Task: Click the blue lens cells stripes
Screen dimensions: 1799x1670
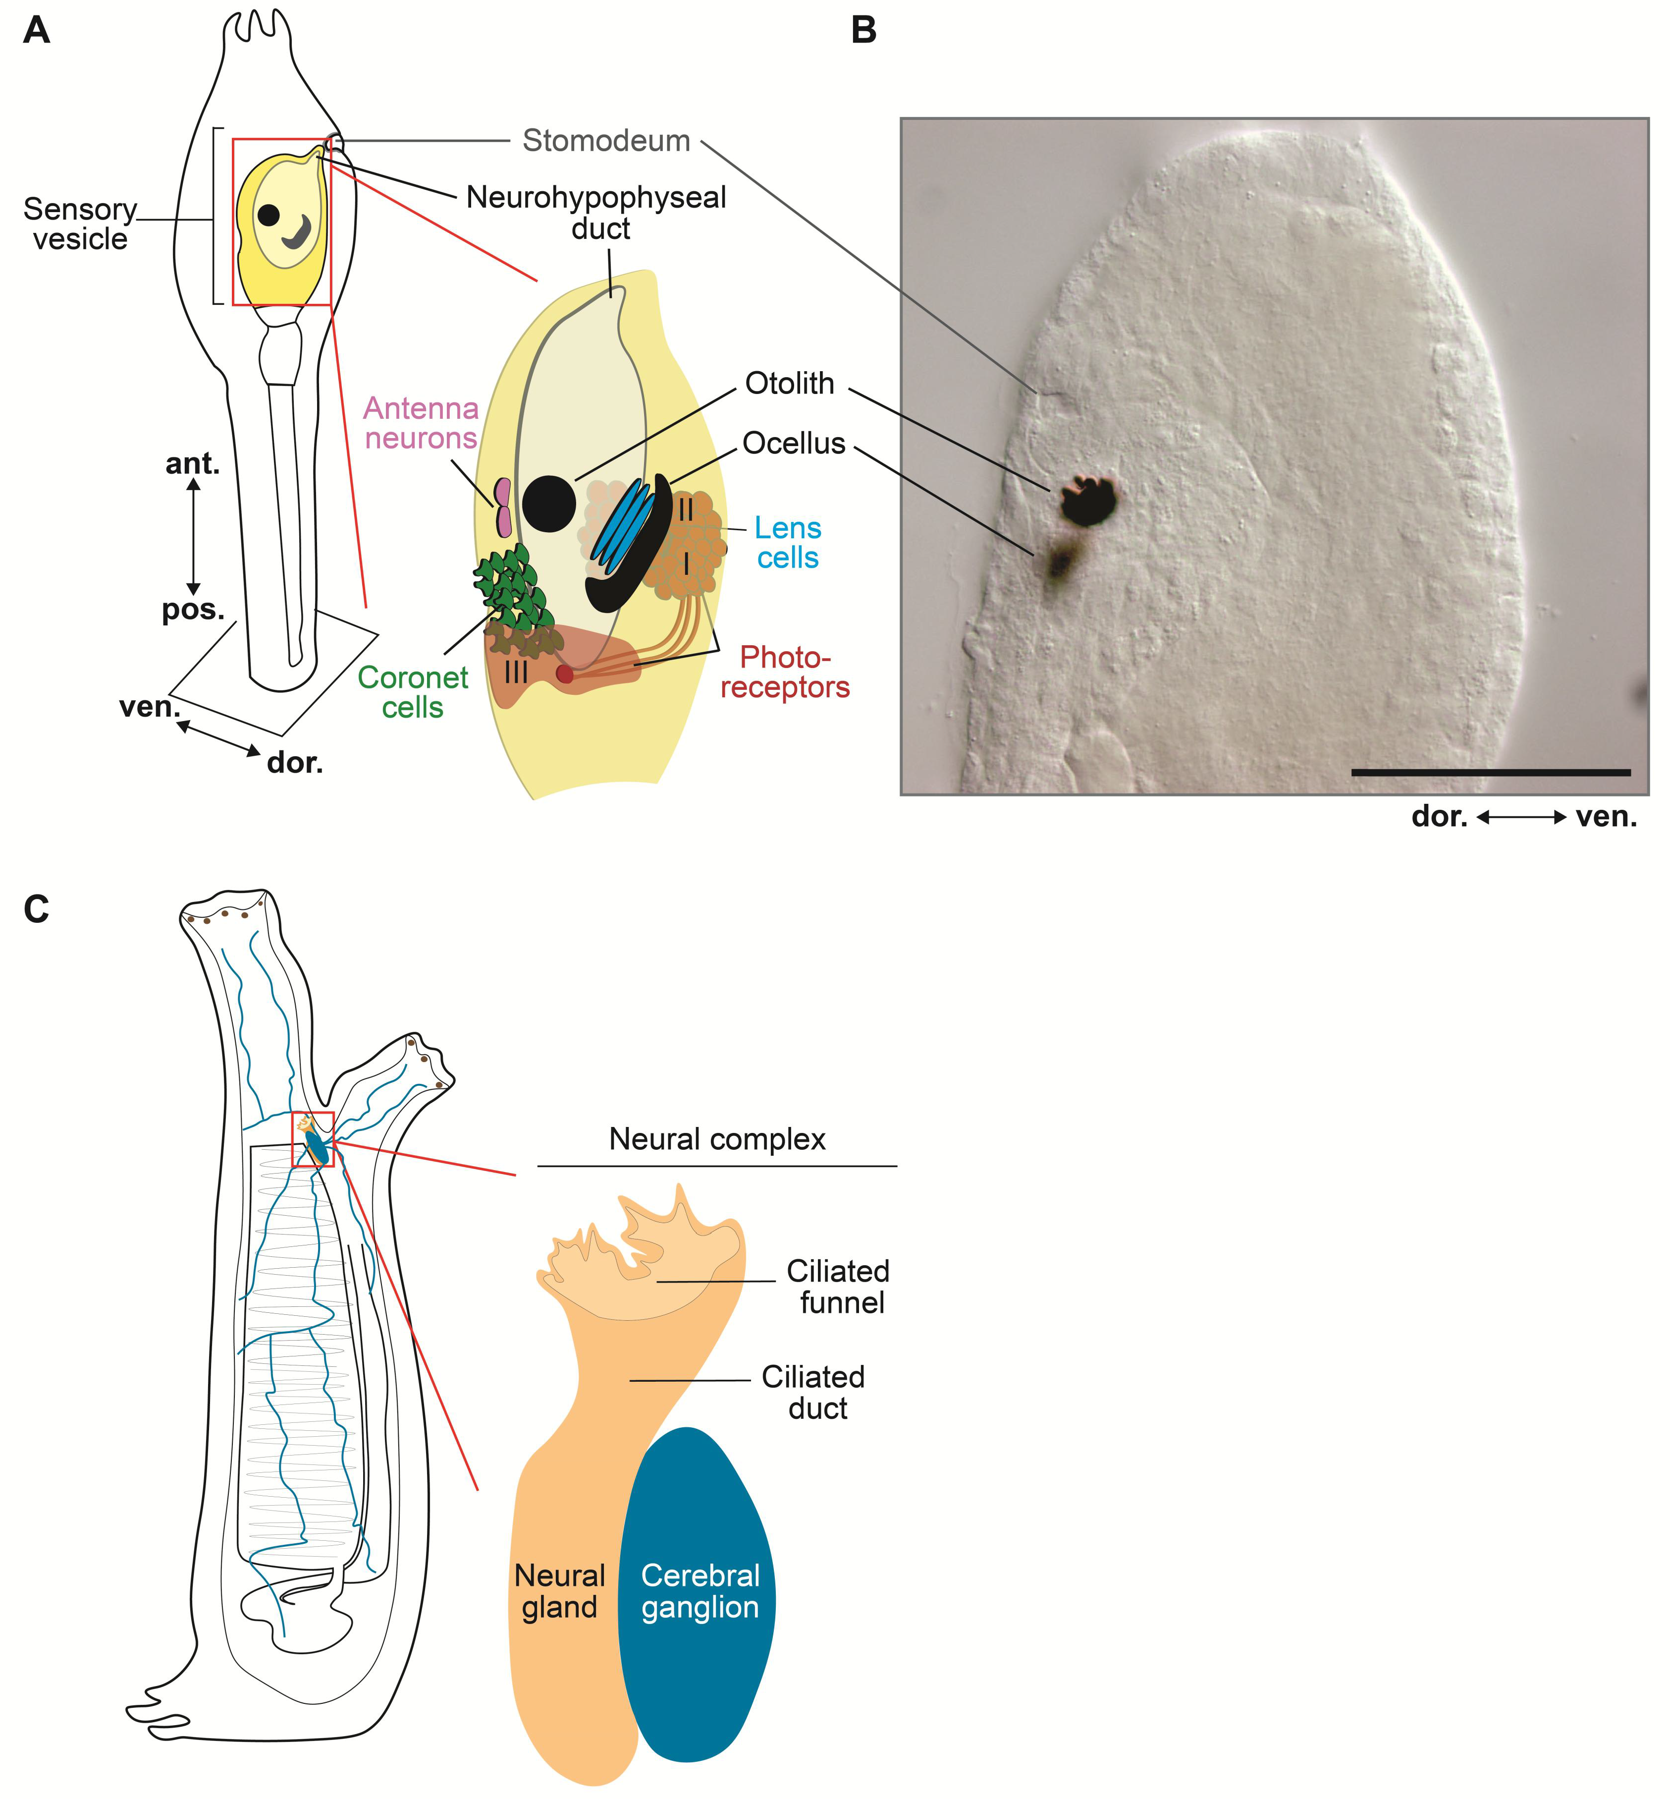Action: point(622,527)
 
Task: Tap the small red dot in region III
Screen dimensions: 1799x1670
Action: point(565,674)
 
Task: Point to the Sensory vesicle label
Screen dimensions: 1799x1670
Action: point(80,224)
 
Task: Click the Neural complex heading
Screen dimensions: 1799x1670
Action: point(717,1139)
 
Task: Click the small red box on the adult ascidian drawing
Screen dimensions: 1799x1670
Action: point(313,1139)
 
